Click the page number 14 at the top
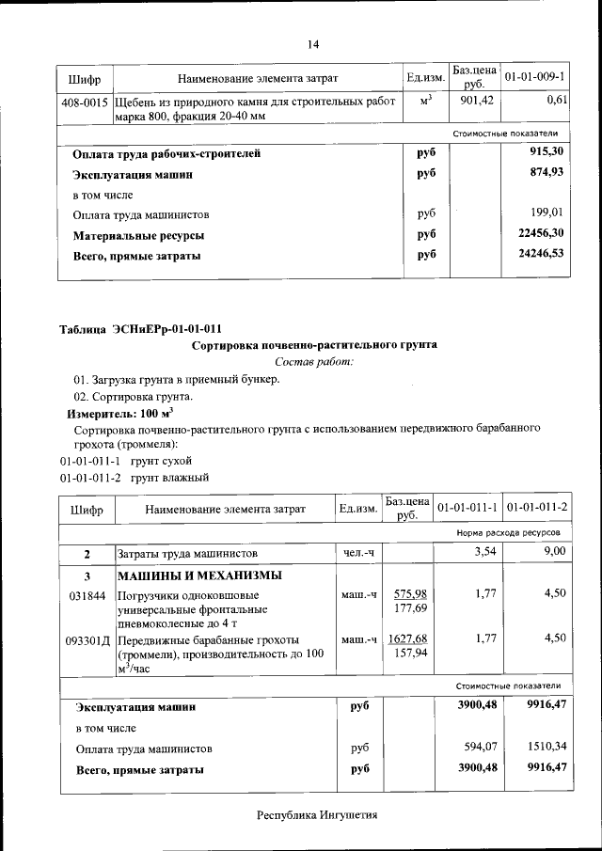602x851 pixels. pyautogui.click(x=314, y=44)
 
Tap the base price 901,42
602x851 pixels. pyautogui.click(x=477, y=100)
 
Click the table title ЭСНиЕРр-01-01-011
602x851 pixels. pyautogui.click(x=141, y=329)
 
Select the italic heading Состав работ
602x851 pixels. pyautogui.click(x=314, y=362)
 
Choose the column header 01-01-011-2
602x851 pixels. pyautogui.click(x=537, y=508)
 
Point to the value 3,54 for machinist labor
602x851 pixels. pyautogui.click(x=483, y=551)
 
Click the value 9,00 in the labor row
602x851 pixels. pyautogui.click(x=554, y=551)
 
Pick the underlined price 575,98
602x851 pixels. pyautogui.click(x=410, y=593)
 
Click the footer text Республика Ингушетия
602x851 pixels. pyautogui.click(x=317, y=814)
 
